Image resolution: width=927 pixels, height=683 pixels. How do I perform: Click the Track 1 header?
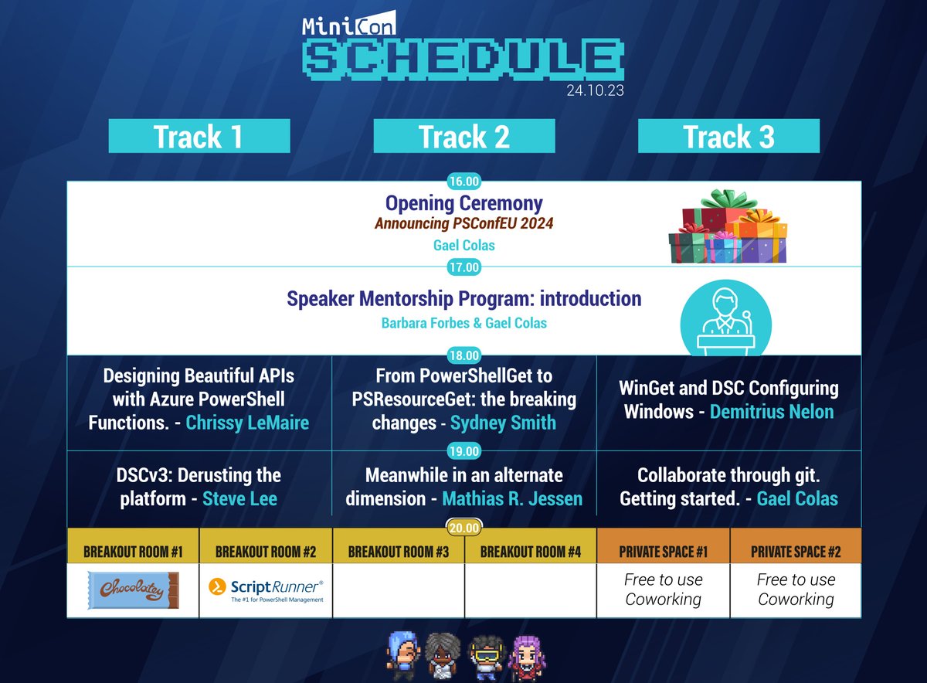pos(199,136)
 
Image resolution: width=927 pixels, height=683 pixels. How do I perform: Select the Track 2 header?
pos(463,136)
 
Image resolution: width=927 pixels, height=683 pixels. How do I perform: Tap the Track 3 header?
pos(728,136)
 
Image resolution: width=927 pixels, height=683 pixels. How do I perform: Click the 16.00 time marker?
pos(463,182)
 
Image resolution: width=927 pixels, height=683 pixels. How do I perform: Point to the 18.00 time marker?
pos(463,356)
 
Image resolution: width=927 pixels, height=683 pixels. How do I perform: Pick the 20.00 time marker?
pos(463,528)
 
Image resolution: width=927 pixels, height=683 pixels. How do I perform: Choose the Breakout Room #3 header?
pos(398,552)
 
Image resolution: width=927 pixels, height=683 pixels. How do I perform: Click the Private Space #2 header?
pos(796,552)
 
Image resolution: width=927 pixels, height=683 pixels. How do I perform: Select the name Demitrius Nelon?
pos(772,411)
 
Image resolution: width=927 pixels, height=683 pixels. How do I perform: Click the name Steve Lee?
pos(239,498)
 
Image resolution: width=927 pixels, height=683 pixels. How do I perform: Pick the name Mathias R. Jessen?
pos(512,498)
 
